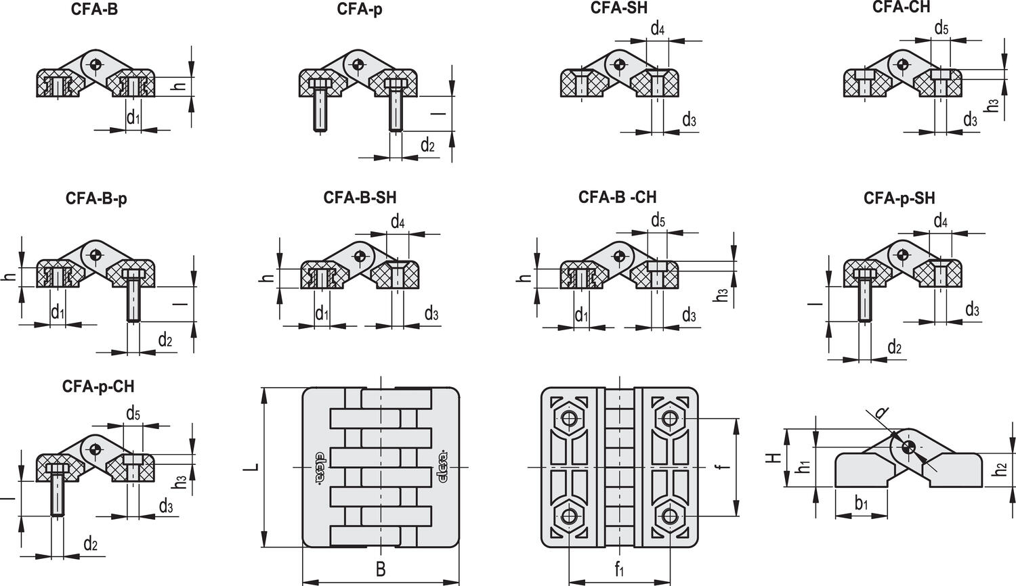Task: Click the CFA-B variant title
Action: coord(94,10)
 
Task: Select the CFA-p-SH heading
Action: coord(899,198)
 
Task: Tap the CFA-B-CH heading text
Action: coord(617,197)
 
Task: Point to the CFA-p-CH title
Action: coord(98,386)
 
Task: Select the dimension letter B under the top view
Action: coord(381,569)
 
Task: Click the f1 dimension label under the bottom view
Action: coord(619,570)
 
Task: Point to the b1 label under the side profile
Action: coord(861,503)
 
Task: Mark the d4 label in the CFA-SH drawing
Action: coord(657,28)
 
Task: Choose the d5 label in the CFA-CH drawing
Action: coord(941,28)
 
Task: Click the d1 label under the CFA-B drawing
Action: coord(133,117)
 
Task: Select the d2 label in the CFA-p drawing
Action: coord(427,144)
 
